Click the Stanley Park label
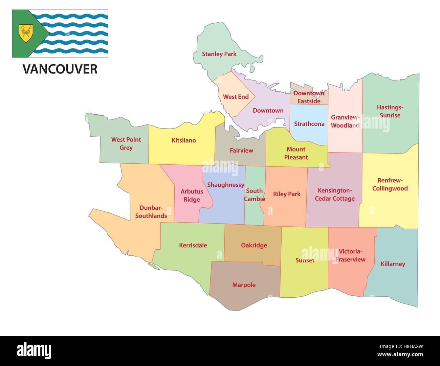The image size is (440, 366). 219,54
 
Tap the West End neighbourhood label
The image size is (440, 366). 236,97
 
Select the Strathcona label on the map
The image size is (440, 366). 309,124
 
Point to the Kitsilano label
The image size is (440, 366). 183,140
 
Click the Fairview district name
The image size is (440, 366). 241,151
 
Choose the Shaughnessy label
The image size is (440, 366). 225,185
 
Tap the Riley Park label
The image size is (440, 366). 287,194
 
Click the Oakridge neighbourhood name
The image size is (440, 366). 254,245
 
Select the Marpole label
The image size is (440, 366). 244,285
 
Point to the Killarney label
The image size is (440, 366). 393,264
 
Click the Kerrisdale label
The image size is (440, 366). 193,245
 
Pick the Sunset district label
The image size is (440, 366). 305,260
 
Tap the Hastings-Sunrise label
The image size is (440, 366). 390,111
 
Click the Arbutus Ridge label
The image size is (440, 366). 192,196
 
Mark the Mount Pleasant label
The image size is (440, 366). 296,153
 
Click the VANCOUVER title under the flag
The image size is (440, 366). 60,69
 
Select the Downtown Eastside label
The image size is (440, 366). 309,97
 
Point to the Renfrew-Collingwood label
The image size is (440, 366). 390,184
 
